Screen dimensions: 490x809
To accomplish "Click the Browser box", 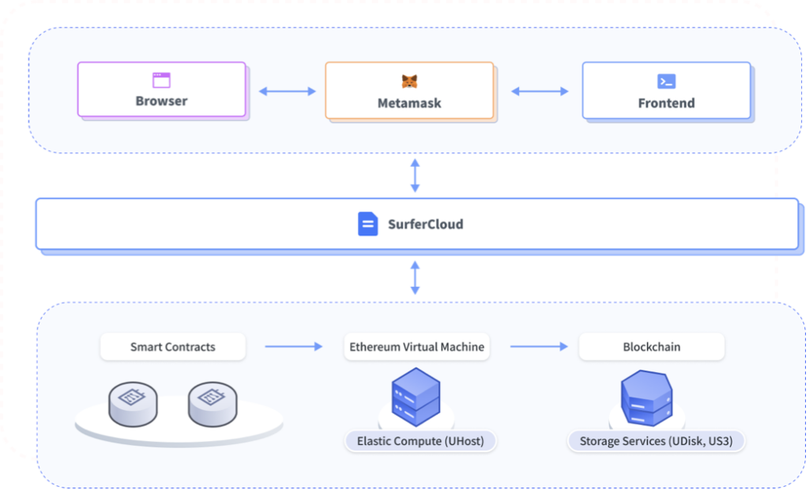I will click(161, 89).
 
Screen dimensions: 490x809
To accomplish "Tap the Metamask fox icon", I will click(409, 81).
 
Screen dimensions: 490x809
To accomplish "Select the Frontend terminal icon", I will click(666, 81).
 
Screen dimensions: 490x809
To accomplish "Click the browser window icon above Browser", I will click(161, 80).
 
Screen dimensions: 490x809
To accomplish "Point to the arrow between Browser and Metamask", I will click(287, 92).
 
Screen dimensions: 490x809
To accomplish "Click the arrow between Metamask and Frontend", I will click(540, 92).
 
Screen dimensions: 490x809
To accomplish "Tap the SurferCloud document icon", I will click(367, 224).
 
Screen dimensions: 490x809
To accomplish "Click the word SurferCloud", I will click(425, 224).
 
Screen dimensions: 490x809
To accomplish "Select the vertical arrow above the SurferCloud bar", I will click(415, 176).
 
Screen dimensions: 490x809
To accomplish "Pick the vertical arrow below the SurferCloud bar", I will click(415, 278).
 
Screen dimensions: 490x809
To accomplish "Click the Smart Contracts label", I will click(172, 347).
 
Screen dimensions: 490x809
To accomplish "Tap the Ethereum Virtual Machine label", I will click(416, 347).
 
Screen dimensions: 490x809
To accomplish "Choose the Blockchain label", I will click(651, 347).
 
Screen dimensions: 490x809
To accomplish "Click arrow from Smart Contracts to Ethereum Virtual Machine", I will click(293, 347).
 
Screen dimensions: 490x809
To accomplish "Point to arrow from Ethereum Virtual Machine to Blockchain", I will click(539, 347).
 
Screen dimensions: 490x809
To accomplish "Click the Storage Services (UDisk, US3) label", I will click(657, 441).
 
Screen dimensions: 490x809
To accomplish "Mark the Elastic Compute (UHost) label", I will click(420, 441).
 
